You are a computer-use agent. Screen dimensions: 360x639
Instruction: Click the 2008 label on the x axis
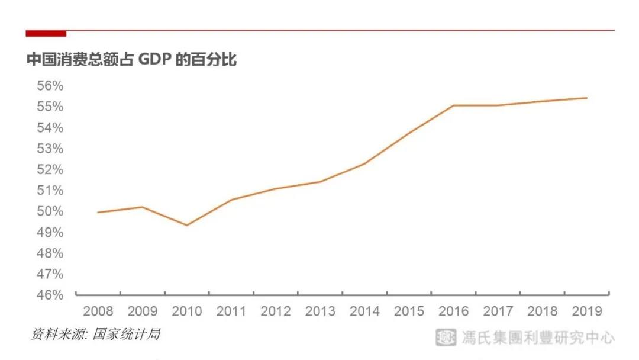coord(98,311)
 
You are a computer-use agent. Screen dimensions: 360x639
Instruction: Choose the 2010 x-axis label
coord(186,311)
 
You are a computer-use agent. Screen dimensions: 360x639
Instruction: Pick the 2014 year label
coord(364,311)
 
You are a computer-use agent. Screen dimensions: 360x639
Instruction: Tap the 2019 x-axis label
coord(587,311)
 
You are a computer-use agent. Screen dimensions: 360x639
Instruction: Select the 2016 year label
coord(453,311)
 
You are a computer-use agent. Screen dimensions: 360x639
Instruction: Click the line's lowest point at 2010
coord(187,225)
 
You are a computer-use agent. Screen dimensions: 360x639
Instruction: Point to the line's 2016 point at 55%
coord(454,105)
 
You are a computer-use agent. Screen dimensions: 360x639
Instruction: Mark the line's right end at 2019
coord(587,98)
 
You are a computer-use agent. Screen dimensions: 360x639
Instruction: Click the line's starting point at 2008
coord(98,212)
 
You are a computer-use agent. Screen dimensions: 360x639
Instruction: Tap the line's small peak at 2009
coord(142,207)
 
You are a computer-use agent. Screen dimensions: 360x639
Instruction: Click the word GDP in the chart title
coord(156,60)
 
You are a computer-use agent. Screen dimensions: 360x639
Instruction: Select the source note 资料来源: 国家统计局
coord(95,335)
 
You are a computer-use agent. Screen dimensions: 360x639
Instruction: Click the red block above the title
coord(46,33)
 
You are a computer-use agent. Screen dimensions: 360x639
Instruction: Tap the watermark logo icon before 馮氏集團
coord(446,337)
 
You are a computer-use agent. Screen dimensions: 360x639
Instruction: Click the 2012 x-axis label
coord(276,311)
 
